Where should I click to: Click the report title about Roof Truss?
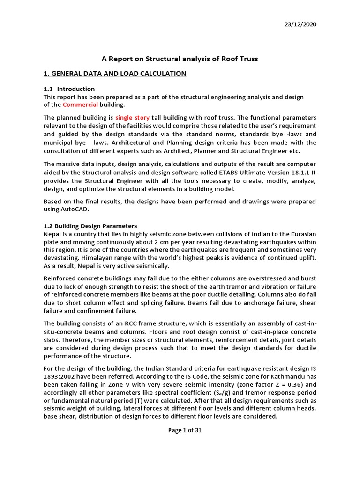[x=180, y=59]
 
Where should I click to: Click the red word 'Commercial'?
[x=80, y=105]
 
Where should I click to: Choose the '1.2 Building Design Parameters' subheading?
[x=90, y=226]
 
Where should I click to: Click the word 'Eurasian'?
[x=300, y=234]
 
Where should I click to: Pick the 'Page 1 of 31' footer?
[x=185, y=431]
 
